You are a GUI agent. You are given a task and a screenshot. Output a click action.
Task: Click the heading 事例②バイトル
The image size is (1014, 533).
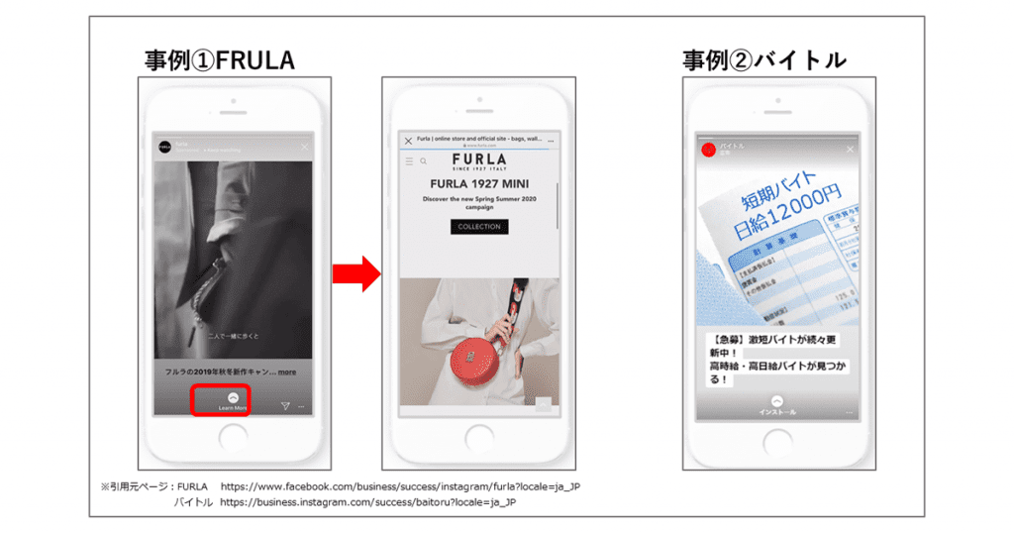pyautogui.click(x=763, y=59)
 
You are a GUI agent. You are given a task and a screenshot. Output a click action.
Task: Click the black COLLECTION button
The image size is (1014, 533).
pyautogui.click(x=479, y=227)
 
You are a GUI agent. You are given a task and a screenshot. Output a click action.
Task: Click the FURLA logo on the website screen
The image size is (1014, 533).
pyautogui.click(x=479, y=160)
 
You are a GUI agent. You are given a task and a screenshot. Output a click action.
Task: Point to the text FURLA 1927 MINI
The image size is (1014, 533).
pyautogui.click(x=479, y=184)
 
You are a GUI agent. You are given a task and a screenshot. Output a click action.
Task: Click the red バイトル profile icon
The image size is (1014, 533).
pyautogui.click(x=708, y=150)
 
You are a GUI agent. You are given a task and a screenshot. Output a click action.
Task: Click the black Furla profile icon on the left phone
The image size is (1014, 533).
pyautogui.click(x=165, y=147)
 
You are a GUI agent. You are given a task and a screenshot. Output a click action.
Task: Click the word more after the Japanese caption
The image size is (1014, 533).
pyautogui.click(x=287, y=372)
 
